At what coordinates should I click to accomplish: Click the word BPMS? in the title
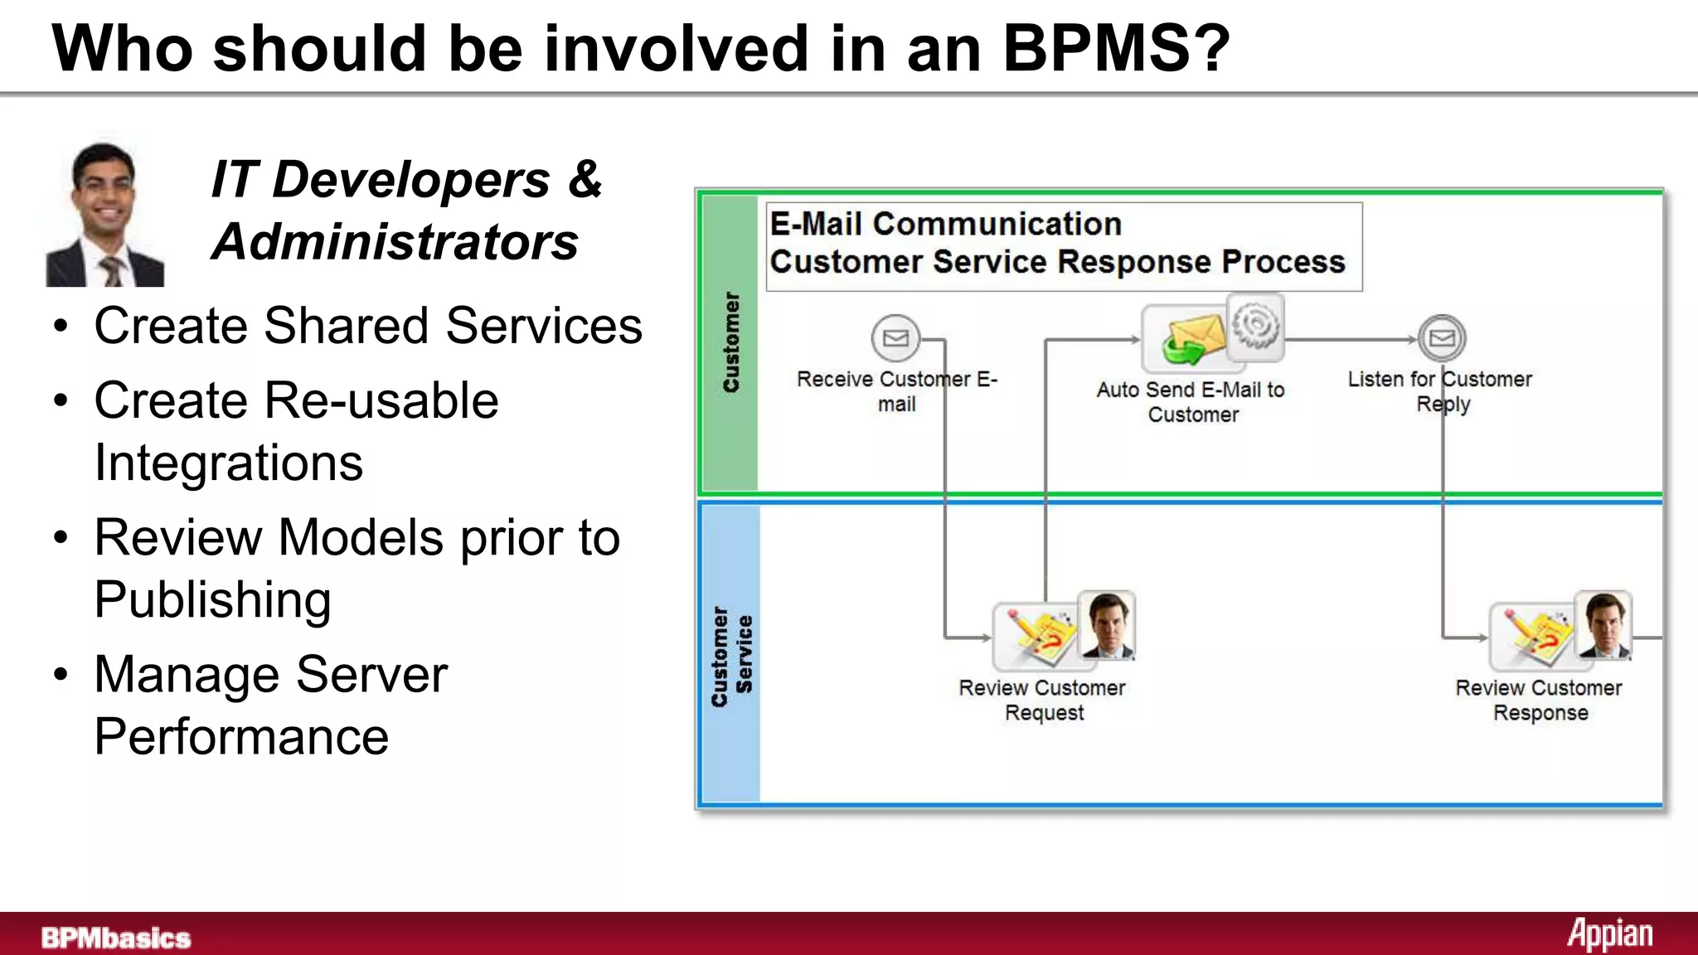click(x=1116, y=48)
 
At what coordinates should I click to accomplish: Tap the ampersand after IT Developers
click(x=585, y=179)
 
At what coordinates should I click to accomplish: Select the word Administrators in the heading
click(x=395, y=242)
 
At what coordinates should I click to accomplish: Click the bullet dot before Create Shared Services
click(x=61, y=326)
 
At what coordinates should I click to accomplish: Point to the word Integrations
click(x=229, y=463)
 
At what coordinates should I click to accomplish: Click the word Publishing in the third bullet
click(x=212, y=599)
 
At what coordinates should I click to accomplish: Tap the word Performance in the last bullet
click(x=241, y=736)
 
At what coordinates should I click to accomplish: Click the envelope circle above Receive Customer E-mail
click(x=895, y=338)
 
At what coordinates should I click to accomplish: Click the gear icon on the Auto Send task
click(x=1255, y=326)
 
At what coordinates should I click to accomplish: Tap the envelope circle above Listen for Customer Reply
click(x=1442, y=338)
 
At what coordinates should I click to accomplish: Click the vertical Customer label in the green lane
click(x=730, y=342)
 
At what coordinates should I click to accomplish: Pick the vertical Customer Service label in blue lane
click(x=732, y=655)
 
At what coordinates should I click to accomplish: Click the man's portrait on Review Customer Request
click(x=1107, y=625)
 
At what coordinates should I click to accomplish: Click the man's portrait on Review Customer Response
click(x=1603, y=625)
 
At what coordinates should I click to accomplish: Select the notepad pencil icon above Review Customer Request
click(x=1035, y=636)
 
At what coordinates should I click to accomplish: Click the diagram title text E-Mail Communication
click(x=945, y=224)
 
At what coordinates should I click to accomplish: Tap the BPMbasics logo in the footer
click(x=116, y=938)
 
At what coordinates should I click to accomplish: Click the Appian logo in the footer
click(x=1609, y=934)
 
